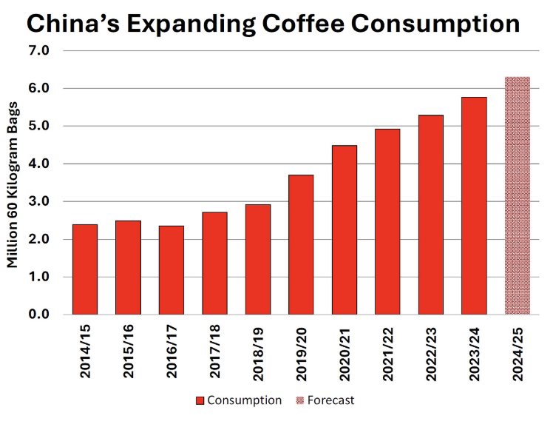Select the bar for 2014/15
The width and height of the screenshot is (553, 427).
(85, 269)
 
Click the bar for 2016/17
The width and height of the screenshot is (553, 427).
(171, 270)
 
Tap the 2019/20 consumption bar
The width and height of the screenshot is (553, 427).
(300, 245)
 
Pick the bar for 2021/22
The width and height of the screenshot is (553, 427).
(387, 222)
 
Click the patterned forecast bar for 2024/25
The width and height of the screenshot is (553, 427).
(517, 195)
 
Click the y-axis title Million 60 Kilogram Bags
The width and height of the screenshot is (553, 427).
(13, 183)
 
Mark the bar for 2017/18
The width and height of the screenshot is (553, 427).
(214, 263)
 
